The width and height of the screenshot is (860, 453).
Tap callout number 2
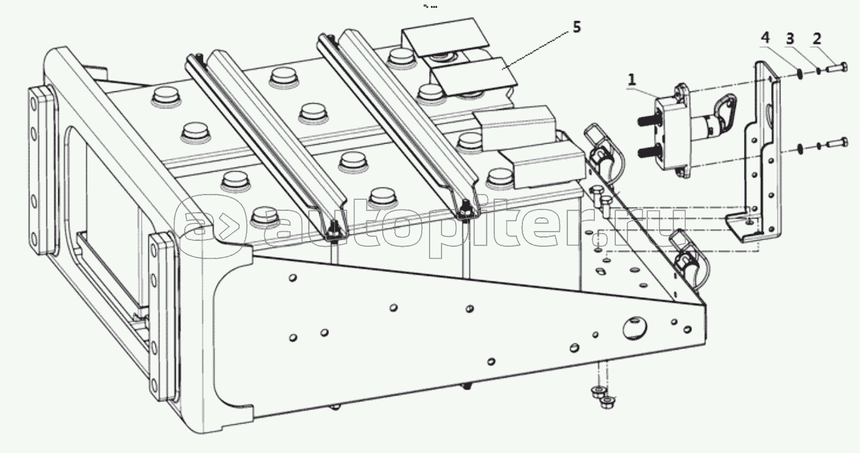coord(816,39)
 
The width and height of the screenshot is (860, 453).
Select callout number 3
coord(790,39)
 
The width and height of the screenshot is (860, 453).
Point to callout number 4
coord(765,39)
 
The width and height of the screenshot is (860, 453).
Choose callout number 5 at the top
coord(576,27)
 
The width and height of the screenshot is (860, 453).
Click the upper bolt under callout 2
coord(836,67)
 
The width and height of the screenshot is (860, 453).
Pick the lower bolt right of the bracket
coord(836,142)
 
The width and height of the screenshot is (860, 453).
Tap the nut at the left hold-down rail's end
coord(332,229)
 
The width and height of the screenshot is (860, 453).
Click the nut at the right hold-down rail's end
coord(466,211)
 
